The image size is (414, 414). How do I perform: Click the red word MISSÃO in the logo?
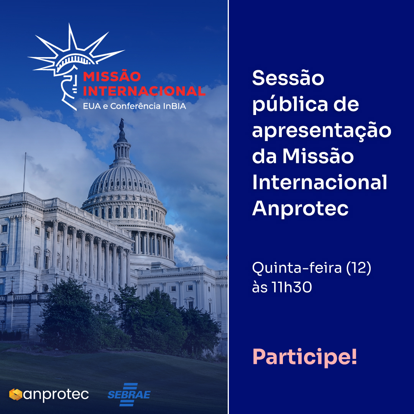pyautogui.click(x=112, y=76)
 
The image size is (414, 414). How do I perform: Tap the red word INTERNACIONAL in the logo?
pyautogui.click(x=144, y=91)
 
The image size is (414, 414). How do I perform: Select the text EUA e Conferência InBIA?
pyautogui.click(x=135, y=106)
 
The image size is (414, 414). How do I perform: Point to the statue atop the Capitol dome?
pyautogui.click(x=122, y=125)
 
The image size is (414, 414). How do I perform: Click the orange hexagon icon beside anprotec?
pyautogui.click(x=16, y=394)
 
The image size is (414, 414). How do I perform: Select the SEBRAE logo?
pyautogui.click(x=129, y=394)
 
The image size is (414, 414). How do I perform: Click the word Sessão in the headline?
pyautogui.click(x=288, y=78)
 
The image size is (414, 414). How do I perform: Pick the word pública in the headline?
pyautogui.click(x=290, y=105)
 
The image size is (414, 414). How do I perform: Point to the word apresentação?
pyautogui.click(x=322, y=131)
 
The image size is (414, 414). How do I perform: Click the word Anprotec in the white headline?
pyautogui.click(x=300, y=208)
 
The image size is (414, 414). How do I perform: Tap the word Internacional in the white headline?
pyautogui.click(x=319, y=182)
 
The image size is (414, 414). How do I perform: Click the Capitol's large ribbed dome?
pyautogui.click(x=123, y=182)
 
